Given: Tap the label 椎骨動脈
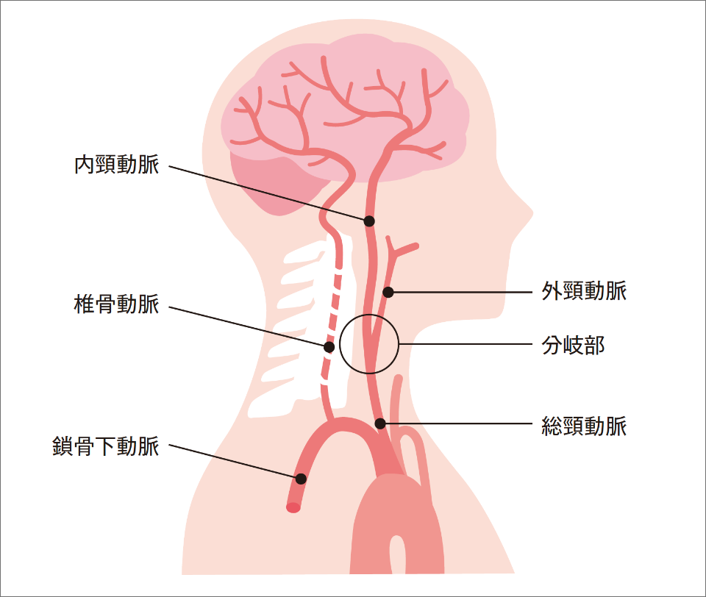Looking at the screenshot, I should [x=116, y=303].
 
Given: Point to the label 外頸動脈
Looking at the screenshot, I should [x=584, y=291].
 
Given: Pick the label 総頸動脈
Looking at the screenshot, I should [x=584, y=425].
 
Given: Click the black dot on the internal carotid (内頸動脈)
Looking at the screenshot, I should [x=369, y=221].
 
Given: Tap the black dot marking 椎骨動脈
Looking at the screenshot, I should [x=329, y=346].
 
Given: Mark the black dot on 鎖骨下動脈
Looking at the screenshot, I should [x=301, y=479].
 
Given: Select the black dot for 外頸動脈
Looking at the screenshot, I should [x=388, y=293].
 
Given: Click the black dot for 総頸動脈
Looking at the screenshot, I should [x=380, y=423].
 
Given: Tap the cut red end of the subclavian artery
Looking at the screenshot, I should [x=293, y=507].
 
